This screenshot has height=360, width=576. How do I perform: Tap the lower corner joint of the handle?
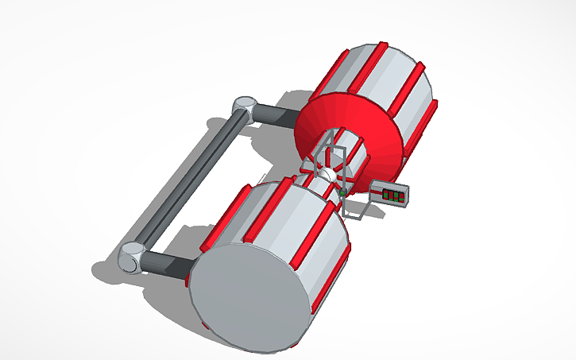pyautogui.click(x=132, y=259)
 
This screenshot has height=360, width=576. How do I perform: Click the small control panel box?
pyautogui.click(x=390, y=194)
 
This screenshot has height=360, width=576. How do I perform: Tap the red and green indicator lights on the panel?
pyautogui.click(x=393, y=195)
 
